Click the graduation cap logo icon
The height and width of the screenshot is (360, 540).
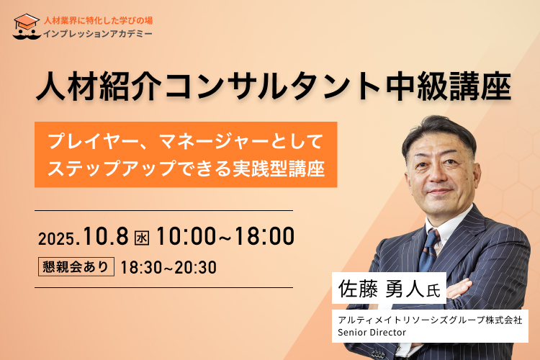[27, 27]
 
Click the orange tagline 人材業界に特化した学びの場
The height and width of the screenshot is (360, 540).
[98, 21]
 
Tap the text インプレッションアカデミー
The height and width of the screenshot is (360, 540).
[98, 34]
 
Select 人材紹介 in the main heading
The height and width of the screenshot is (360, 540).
[99, 86]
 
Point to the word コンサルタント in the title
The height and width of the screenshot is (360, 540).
[274, 86]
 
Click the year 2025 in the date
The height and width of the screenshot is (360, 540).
[55, 239]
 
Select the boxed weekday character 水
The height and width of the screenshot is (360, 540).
[142, 238]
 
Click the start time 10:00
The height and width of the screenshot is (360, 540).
[186, 236]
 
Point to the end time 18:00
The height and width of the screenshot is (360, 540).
[264, 236]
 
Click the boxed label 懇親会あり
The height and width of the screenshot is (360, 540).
[76, 266]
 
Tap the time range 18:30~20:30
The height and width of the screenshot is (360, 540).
[168, 267]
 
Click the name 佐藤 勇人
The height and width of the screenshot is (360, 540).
[381, 288]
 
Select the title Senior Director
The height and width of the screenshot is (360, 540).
[372, 333]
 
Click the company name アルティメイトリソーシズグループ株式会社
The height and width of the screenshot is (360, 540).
[430, 320]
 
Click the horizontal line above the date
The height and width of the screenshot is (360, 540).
[163, 210]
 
